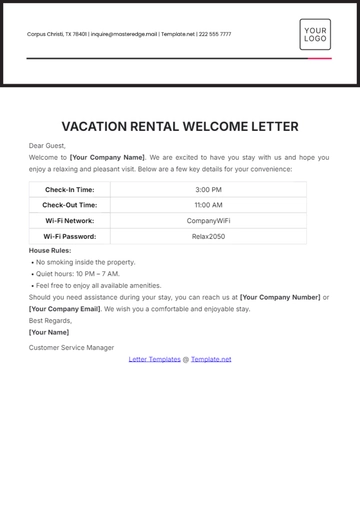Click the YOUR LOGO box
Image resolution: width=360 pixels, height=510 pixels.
315,34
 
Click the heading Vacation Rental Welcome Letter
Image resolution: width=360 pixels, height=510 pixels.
180,127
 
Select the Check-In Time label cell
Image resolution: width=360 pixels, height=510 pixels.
70,189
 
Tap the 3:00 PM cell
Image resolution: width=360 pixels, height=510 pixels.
208,189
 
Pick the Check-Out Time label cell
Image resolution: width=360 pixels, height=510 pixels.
70,205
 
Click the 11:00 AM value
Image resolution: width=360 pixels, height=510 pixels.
208,205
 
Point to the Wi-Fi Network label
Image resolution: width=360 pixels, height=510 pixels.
70,221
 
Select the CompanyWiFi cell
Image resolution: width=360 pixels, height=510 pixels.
208,221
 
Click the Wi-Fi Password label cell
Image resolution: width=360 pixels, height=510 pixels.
70,237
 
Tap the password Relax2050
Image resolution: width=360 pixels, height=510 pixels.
208,237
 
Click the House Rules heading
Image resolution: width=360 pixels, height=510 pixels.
50,250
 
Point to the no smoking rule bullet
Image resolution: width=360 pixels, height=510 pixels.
85,262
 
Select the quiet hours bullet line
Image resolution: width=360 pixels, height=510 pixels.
77,274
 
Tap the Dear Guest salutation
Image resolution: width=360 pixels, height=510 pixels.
47,146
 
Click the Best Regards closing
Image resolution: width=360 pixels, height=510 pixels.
49,321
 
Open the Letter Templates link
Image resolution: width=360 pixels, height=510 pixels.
154,359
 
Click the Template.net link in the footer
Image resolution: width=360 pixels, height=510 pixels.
211,359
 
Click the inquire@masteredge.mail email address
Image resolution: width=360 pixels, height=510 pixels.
123,34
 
